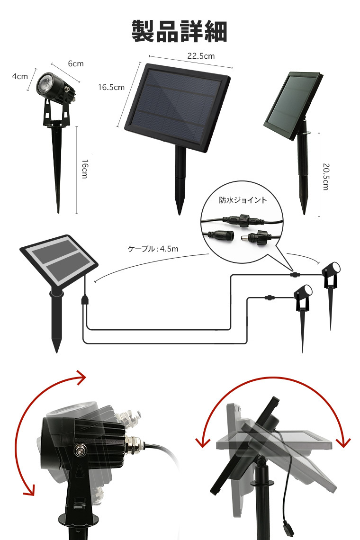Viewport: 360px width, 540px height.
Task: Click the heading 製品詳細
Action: click(180, 31)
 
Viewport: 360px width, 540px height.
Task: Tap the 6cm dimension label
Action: click(75, 64)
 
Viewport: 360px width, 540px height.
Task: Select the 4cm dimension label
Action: click(20, 76)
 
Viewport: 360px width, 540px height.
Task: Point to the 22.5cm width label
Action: click(201, 56)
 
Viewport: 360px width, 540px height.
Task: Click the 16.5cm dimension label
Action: click(111, 88)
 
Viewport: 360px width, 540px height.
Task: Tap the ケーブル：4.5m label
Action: click(153, 249)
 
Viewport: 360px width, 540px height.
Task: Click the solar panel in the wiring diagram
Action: click(59, 260)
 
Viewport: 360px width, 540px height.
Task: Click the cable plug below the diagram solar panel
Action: click(84, 300)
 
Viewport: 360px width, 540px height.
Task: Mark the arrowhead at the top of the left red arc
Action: click(81, 378)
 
